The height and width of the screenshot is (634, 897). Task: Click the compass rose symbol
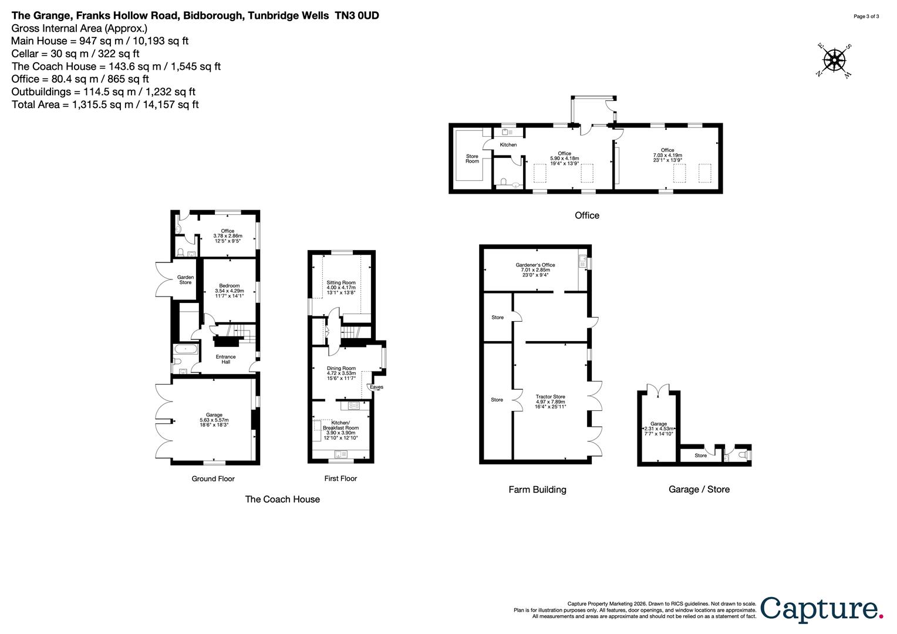pos(834,60)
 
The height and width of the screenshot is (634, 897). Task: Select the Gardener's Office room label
pos(535,270)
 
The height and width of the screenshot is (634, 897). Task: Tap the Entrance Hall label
pos(225,359)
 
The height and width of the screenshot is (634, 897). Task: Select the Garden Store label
pos(186,280)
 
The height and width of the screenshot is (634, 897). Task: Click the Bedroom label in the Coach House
pos(229,288)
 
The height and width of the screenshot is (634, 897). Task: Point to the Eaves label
pos(376,387)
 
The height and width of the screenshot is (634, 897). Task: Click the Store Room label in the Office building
pos(472,158)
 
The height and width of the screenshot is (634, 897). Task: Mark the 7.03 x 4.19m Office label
pos(667,155)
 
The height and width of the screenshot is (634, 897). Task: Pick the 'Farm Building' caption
pos(537,489)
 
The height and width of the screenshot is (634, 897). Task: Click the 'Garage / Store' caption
pos(699,489)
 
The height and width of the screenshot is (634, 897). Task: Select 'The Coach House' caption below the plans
pos(282,499)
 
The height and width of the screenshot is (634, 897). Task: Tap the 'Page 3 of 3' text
pos(866,16)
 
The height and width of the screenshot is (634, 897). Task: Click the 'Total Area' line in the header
pos(106,104)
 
